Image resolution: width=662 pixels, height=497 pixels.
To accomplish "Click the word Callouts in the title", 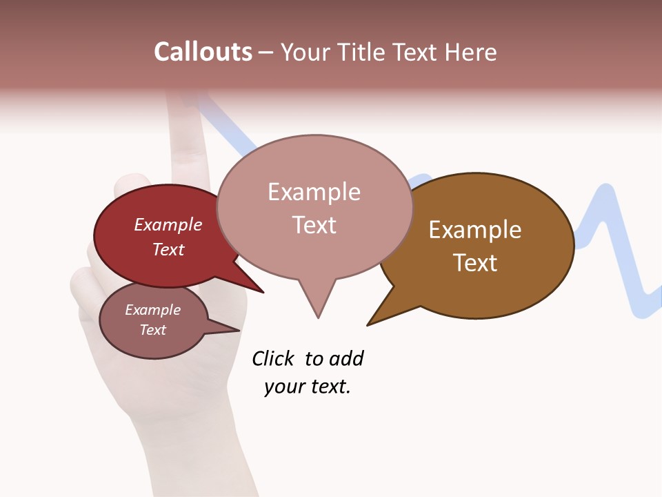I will tap(203, 52).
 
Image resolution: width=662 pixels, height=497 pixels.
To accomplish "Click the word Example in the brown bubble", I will tap(475, 230).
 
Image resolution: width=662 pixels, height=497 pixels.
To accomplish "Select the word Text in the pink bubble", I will tap(314, 225).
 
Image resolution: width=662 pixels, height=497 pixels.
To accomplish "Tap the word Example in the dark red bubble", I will tap(168, 224).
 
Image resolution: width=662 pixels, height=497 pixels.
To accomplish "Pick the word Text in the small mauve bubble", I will tap(153, 330).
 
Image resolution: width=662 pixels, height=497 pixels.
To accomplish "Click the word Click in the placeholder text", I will tap(272, 358).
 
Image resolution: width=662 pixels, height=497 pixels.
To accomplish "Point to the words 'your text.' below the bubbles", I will tap(308, 387).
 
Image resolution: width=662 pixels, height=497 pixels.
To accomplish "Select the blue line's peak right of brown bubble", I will tap(605, 193).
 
